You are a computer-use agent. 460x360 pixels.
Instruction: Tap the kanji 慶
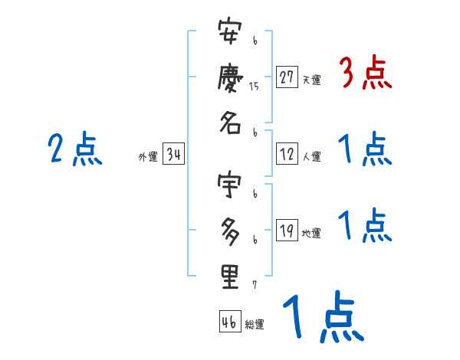231,80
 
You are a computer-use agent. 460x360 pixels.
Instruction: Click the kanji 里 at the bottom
231,276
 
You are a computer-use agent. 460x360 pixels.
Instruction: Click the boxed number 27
287,77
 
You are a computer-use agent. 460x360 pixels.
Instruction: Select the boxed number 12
287,154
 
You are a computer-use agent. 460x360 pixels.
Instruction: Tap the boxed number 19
287,230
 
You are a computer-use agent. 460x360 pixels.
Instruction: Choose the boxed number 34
173,155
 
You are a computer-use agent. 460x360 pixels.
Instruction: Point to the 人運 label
311,157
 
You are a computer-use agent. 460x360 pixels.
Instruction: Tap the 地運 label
311,233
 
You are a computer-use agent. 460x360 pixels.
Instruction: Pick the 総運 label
255,325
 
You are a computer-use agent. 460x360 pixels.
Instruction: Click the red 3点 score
365,74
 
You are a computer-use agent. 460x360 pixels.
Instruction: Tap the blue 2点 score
74,149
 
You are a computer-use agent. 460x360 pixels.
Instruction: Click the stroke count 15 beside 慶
254,87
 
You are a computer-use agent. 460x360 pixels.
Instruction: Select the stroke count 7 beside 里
254,285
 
